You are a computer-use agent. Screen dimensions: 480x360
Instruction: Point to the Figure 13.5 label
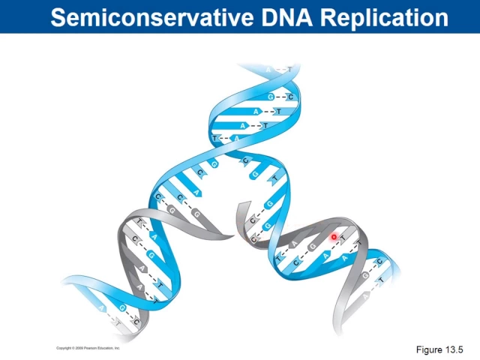pyautogui.click(x=440, y=349)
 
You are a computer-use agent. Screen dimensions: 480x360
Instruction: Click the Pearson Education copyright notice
pyautogui.click(x=88, y=349)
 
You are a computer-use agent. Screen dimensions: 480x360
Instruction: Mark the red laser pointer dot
pyautogui.click(x=334, y=237)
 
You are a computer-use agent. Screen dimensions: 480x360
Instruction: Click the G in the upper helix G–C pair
pyautogui.click(x=271, y=97)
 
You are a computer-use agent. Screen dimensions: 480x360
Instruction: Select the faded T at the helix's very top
pyautogui.click(x=289, y=70)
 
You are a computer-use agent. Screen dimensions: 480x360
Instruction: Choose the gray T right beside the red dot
pyautogui.click(x=343, y=240)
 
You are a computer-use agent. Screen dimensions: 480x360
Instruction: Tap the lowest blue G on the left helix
pyautogui.click(x=122, y=309)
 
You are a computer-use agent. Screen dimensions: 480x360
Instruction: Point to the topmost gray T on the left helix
pyautogui.click(x=139, y=222)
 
